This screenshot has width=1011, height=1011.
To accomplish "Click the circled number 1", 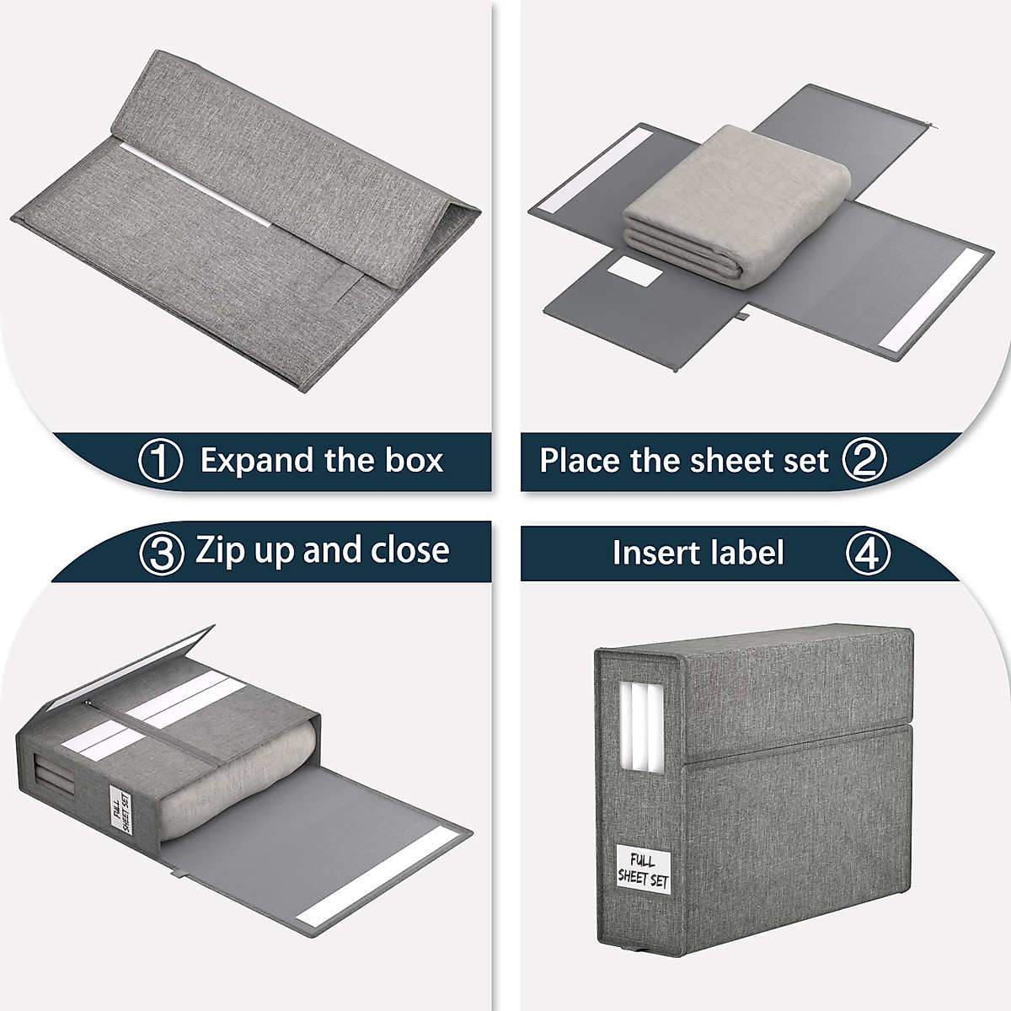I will point(160,462).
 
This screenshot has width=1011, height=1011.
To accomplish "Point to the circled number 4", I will point(867,554).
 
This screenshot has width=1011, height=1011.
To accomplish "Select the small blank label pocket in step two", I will point(636,271).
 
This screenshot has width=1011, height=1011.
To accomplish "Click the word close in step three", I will point(415,551).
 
